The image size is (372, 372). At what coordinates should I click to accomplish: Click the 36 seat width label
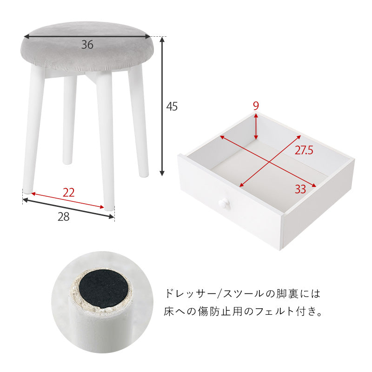[x=87, y=45]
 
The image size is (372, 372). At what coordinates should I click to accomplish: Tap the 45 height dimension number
[x=172, y=106]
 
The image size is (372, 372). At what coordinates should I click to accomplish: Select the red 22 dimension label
[x=68, y=193]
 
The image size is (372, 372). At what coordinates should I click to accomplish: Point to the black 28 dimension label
[x=64, y=217]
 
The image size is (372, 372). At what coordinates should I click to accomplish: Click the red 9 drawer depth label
[x=255, y=106]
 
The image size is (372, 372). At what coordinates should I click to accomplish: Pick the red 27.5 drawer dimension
[x=304, y=150]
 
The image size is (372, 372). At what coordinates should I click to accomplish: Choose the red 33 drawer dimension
[x=300, y=189]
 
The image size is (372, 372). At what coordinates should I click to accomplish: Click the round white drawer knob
[x=224, y=204]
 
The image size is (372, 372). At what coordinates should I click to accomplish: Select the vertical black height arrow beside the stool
[x=162, y=106]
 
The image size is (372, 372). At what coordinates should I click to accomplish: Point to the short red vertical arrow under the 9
[x=256, y=126]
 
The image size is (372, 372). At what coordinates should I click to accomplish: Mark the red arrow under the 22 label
[x=68, y=201]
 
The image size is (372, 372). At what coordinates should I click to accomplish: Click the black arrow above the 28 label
[x=68, y=208]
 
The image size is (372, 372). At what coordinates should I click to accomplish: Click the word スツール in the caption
[x=245, y=294]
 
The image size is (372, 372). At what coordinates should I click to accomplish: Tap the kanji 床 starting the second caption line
[x=169, y=312]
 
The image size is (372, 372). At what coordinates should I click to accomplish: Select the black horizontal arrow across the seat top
[x=87, y=37]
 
